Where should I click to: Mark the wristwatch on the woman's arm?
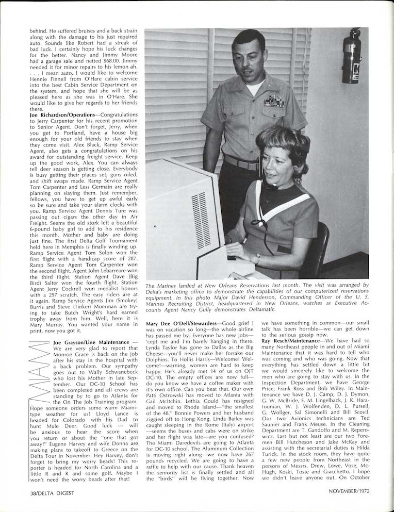coord(256,258)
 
